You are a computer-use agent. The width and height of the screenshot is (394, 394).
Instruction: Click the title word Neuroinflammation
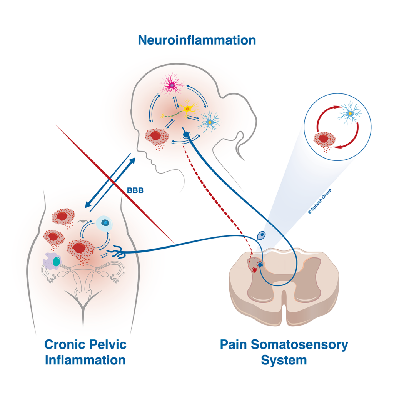click(197, 40)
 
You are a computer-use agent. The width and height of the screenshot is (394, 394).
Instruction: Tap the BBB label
click(135, 190)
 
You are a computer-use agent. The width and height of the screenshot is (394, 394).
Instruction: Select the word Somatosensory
click(299, 344)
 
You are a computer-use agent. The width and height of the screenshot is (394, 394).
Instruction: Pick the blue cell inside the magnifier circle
click(350, 113)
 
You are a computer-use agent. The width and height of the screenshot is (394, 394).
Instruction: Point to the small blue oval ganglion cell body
click(261, 235)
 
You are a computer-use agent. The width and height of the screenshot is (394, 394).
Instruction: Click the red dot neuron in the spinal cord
click(254, 270)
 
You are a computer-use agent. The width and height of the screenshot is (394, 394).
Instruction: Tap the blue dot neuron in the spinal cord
click(260, 265)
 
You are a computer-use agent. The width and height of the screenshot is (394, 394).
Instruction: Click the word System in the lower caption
click(284, 360)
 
